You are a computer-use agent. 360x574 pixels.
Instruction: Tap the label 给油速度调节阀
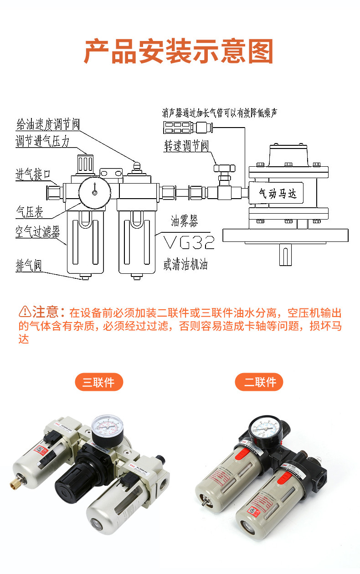48,124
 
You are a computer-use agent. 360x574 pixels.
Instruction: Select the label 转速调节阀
186,146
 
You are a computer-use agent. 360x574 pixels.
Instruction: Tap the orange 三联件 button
99,382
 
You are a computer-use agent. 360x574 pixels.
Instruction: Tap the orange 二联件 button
259,382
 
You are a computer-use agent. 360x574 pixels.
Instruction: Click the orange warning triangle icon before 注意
25,313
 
